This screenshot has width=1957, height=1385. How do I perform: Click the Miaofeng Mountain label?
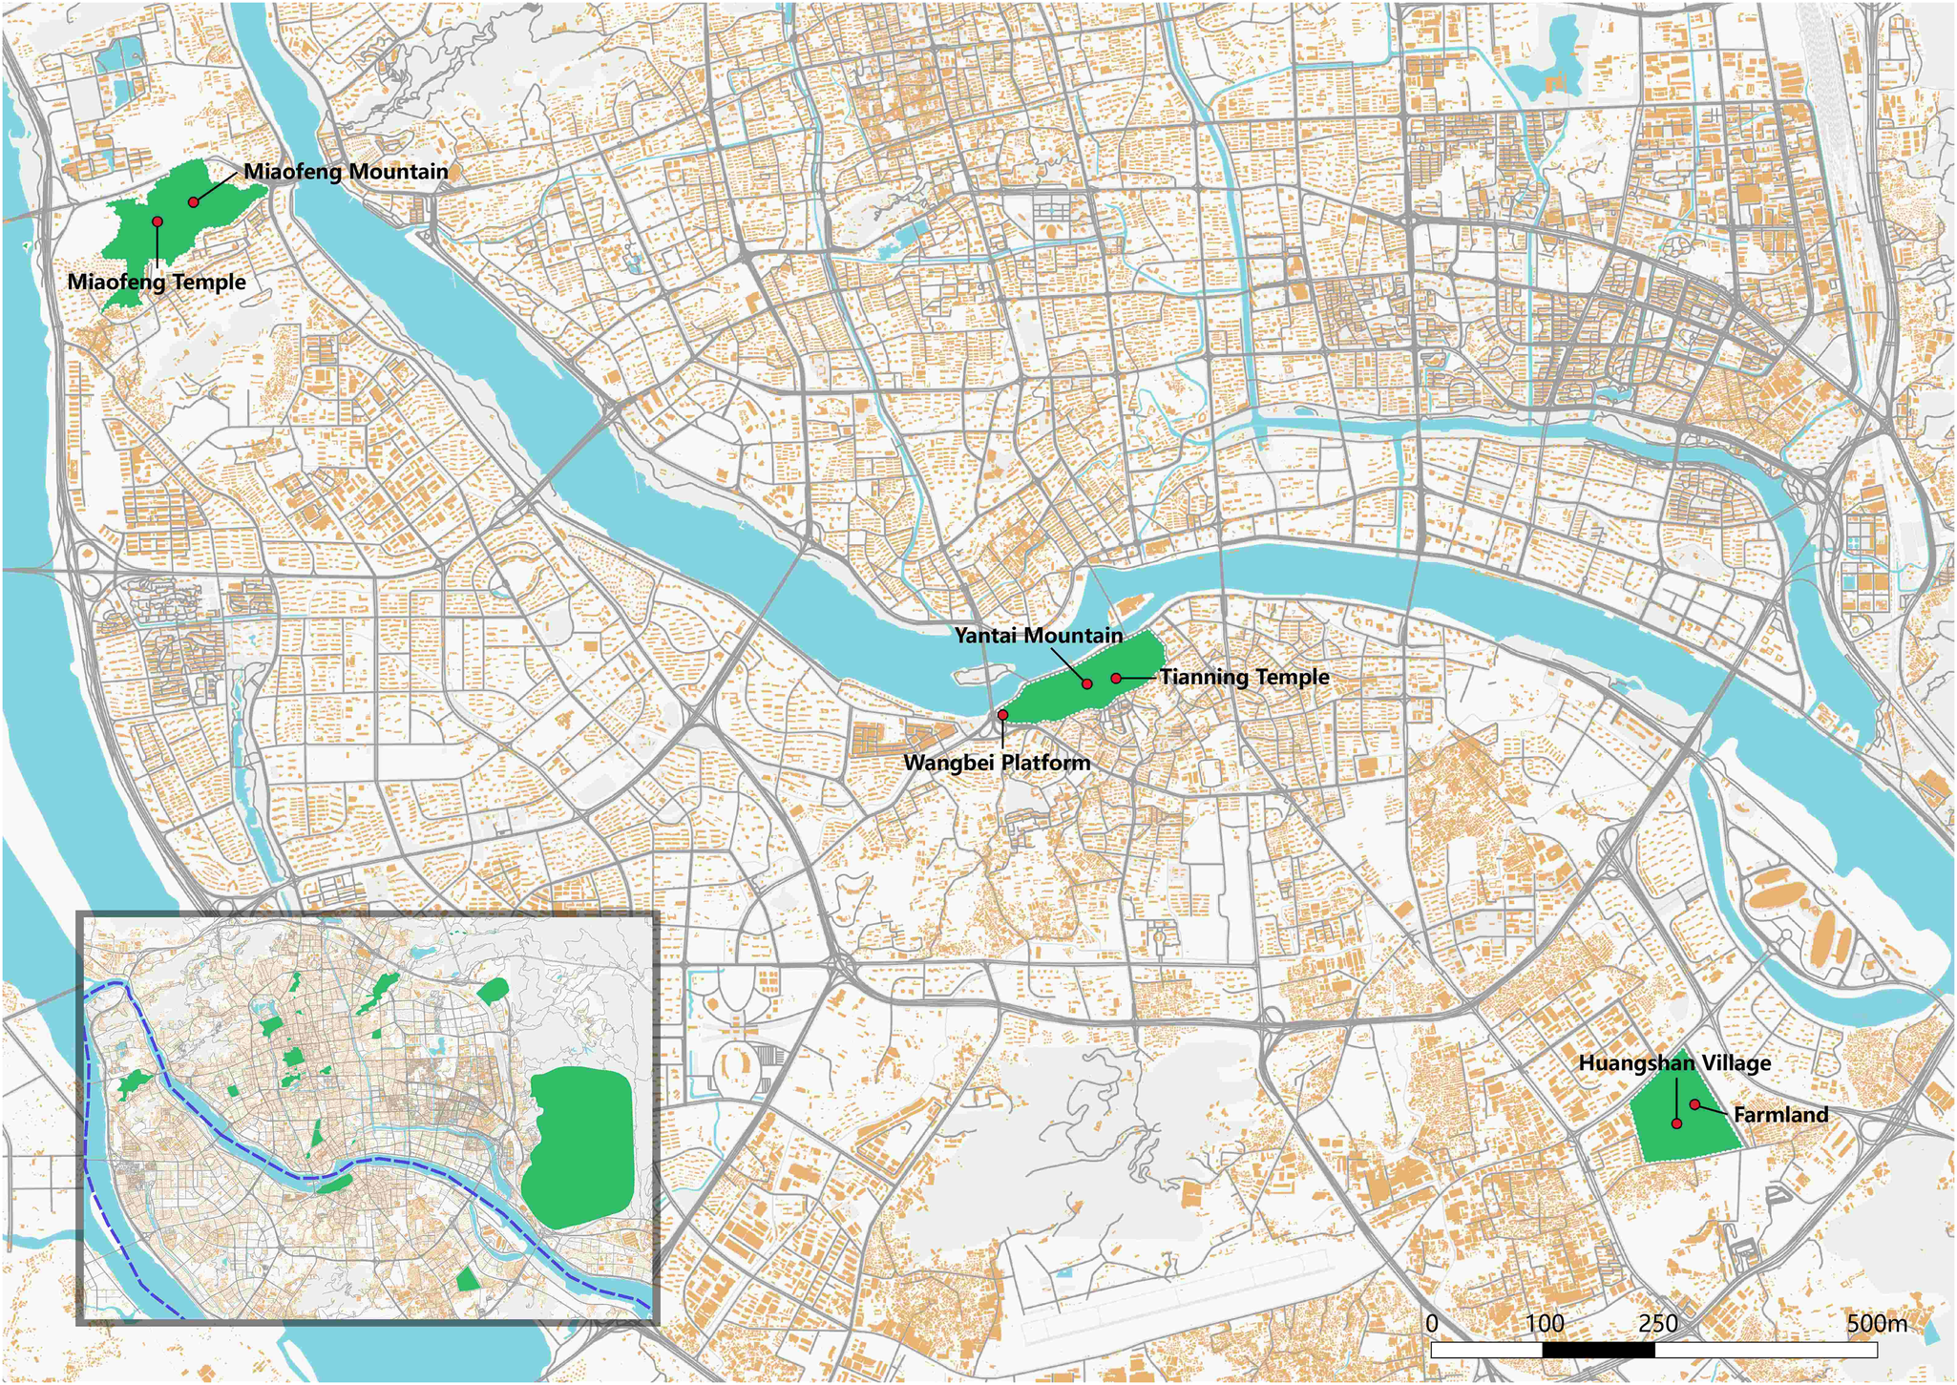point(346,172)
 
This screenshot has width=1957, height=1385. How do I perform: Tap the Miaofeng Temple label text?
point(157,283)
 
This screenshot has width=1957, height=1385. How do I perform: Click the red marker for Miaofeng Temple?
point(158,221)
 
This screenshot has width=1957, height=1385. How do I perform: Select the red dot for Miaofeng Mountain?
point(194,202)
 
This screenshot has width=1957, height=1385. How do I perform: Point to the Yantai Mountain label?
point(1039,636)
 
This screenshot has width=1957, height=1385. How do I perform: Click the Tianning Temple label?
point(1245,678)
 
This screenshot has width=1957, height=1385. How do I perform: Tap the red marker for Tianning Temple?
point(1116,678)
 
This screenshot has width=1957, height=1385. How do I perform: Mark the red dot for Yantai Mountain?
point(1087,684)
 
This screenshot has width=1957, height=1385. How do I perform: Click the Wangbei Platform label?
point(997,764)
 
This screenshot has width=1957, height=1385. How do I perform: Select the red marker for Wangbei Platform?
point(1002,715)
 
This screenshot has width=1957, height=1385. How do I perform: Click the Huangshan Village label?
point(1674,1063)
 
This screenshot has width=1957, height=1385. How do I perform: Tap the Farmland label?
point(1780,1115)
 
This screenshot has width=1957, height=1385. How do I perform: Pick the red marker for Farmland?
point(1694,1104)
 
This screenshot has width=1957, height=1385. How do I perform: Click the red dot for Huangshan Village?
point(1677,1123)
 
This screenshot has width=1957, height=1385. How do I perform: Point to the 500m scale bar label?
point(1876,1324)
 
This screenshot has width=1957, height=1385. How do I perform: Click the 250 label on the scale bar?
point(1657,1324)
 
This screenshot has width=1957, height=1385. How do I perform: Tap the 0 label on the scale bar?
point(1431,1324)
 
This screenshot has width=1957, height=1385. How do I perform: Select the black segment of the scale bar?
point(1599,1350)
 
